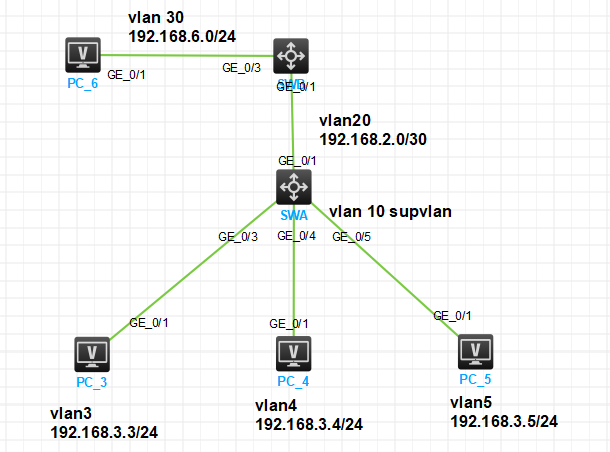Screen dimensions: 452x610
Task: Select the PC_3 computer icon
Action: pyautogui.click(x=92, y=353)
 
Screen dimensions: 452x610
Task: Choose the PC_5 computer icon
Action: pyautogui.click(x=475, y=351)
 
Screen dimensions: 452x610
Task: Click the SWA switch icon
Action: pyautogui.click(x=293, y=186)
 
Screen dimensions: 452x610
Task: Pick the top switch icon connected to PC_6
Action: pyautogui.click(x=291, y=55)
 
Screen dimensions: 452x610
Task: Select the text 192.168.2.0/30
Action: pyautogui.click(x=373, y=139)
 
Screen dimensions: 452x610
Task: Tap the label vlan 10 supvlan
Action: pyautogui.click(x=391, y=212)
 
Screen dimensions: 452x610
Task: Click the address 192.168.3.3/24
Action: pyautogui.click(x=104, y=432)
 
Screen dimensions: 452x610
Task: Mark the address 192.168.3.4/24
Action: pyautogui.click(x=309, y=424)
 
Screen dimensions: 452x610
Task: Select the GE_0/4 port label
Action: pyautogui.click(x=296, y=236)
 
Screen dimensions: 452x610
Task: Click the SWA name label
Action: pyautogui.click(x=293, y=215)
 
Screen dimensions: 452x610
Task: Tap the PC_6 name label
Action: pyautogui.click(x=82, y=83)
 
